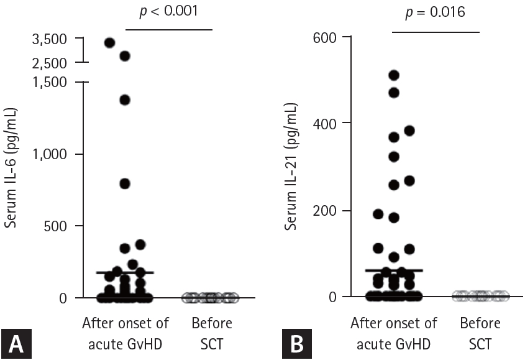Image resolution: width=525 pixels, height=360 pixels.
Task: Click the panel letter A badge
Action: tap(15, 342)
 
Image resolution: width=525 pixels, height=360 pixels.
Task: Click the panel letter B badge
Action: tap(296, 342)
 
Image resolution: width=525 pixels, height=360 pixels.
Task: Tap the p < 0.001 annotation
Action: tap(168, 12)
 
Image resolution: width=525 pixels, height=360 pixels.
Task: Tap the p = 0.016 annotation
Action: tap(436, 12)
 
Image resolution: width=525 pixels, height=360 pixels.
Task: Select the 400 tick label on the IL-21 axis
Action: tap(324, 123)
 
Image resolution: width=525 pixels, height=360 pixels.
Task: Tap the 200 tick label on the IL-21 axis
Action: tap(324, 210)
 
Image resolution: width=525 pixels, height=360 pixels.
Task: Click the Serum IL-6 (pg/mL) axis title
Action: tap(11, 168)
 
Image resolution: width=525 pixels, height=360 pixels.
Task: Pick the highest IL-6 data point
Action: tap(109, 43)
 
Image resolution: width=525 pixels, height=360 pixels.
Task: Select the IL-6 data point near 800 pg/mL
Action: tap(124, 183)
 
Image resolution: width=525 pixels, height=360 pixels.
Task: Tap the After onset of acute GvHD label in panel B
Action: tap(393, 332)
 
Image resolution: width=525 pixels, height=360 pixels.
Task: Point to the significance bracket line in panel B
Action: tap(436, 32)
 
